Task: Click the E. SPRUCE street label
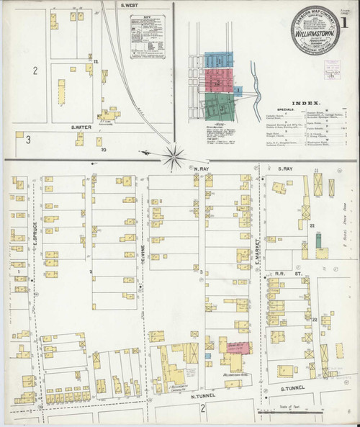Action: (x=34, y=234)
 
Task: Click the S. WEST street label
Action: (x=130, y=5)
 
